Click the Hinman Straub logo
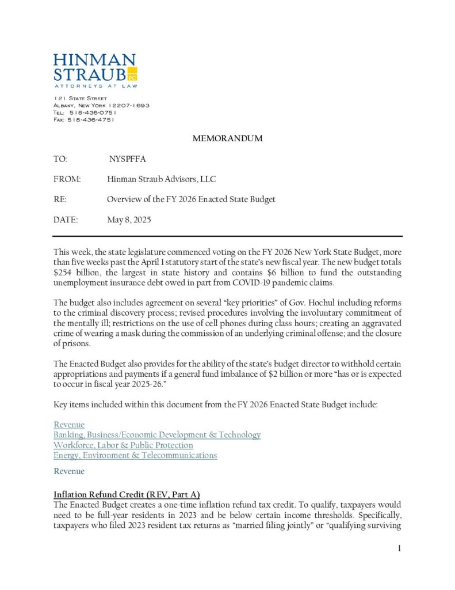(95, 70)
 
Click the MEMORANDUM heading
(227, 138)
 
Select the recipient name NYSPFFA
(127, 158)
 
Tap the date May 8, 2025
(129, 220)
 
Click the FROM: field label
(67, 179)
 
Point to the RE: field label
(60, 199)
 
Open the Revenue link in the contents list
(69, 425)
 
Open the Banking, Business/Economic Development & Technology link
(157, 434)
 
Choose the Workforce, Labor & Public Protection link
(123, 445)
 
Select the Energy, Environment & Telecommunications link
(135, 455)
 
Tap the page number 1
(399, 548)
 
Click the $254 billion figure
(74, 273)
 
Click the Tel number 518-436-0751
(92, 112)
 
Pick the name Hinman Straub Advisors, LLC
(161, 179)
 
